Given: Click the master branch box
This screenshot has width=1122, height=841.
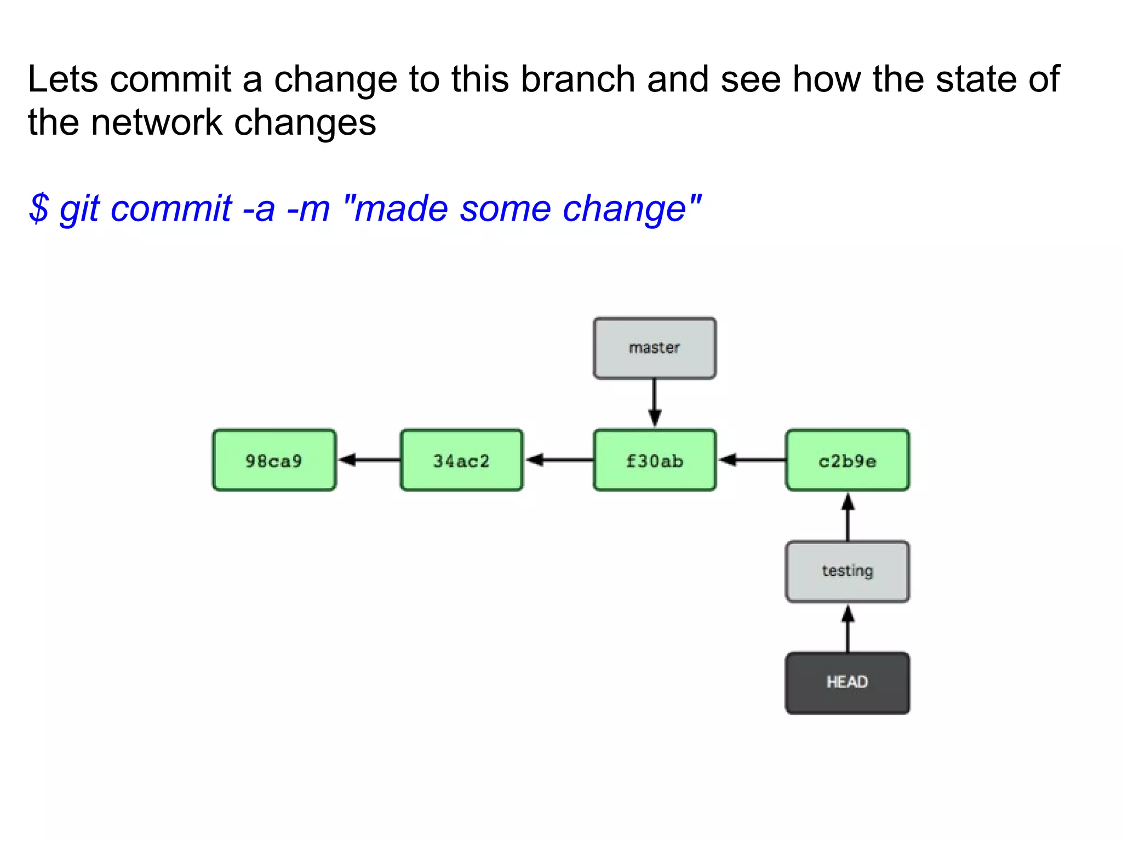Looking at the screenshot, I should point(655,348).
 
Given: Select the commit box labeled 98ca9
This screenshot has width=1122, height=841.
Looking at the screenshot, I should point(274,460).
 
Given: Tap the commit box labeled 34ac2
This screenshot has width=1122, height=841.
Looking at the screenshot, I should point(461,460).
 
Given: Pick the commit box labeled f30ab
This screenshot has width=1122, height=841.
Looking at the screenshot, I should point(655,460).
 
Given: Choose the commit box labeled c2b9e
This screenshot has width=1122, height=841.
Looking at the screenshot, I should point(848,460).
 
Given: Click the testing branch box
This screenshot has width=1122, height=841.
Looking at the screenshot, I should point(848,571).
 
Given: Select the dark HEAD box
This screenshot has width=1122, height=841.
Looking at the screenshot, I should point(848,682).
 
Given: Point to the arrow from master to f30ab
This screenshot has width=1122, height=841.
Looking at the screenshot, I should point(655,403).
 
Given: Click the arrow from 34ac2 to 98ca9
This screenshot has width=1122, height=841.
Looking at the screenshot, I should point(369,459).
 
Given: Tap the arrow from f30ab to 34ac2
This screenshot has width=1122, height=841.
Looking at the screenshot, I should point(559,459).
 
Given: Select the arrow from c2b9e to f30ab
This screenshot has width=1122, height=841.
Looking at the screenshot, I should point(751,459).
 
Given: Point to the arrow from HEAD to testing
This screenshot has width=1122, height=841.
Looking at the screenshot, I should point(848,628).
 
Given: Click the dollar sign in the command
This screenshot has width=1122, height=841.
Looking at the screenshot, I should point(39,209).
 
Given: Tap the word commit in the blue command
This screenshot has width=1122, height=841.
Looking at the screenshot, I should point(171,209).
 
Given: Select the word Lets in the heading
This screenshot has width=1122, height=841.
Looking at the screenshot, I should point(63,79).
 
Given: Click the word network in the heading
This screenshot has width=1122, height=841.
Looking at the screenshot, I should point(157,122).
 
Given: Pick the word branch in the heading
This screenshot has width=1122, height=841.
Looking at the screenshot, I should point(578,79).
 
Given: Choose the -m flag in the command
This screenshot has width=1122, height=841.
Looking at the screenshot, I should point(308,209).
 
